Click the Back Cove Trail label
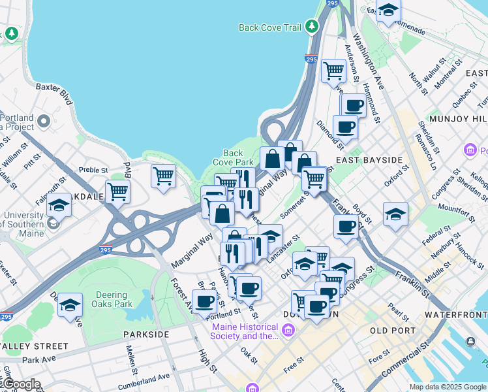[x=270, y=27]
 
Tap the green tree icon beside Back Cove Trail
[x=312, y=26]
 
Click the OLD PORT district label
[x=392, y=331]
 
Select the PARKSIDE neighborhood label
[x=146, y=334]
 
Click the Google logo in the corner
[x=21, y=384]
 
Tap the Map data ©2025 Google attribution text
[x=448, y=387]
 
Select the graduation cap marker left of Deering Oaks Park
[x=70, y=305]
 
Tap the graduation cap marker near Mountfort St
[x=395, y=214]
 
